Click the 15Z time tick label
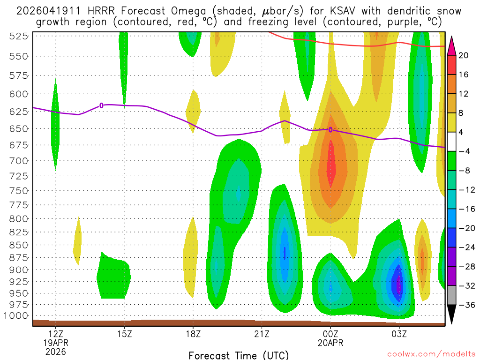[124, 334]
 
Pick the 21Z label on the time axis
[262, 334]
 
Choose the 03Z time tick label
[399, 334]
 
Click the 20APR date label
[330, 343]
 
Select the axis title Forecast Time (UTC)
[239, 355]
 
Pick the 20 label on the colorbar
[464, 55]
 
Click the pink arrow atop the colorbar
[452, 45]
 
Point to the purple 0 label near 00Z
[330, 130]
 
